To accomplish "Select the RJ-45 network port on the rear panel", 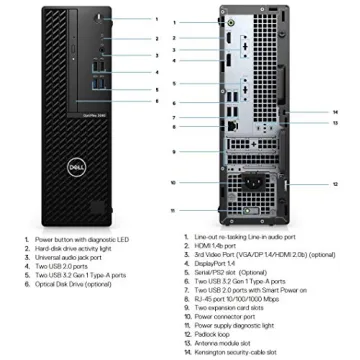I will point(233,127).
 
